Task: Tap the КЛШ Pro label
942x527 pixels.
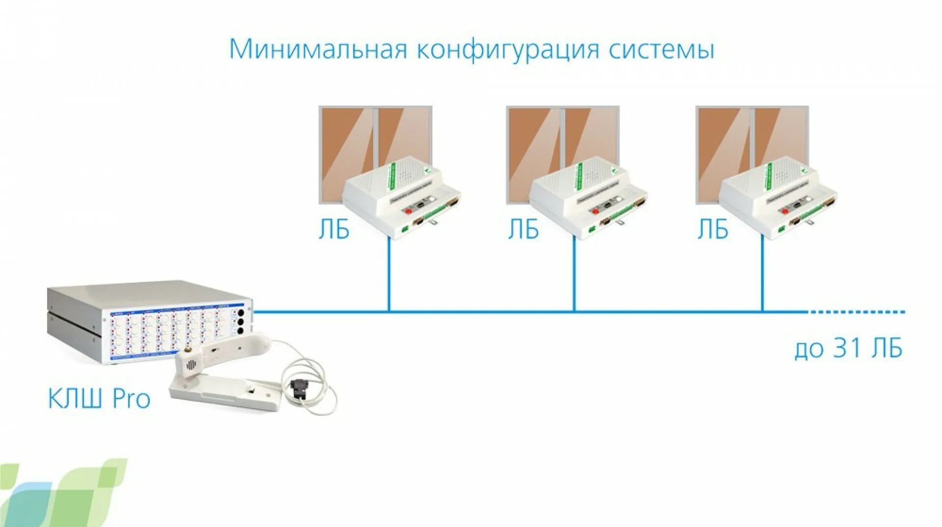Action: [x=99, y=398]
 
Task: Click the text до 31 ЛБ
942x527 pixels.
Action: [x=848, y=349]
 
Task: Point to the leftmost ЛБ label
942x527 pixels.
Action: [x=334, y=230]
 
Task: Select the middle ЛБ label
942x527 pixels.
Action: [x=523, y=230]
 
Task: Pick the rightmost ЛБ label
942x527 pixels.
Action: [x=713, y=230]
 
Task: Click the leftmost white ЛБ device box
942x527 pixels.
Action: [x=400, y=196]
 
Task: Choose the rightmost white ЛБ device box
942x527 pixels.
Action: [x=777, y=196]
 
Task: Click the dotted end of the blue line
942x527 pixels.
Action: [x=856, y=311]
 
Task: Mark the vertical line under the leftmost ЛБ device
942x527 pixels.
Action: [x=389, y=275]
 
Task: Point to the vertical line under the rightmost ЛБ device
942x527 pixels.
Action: [x=762, y=275]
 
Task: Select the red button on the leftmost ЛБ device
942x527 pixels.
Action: [x=407, y=210]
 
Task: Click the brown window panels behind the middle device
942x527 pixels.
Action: [x=535, y=142]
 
